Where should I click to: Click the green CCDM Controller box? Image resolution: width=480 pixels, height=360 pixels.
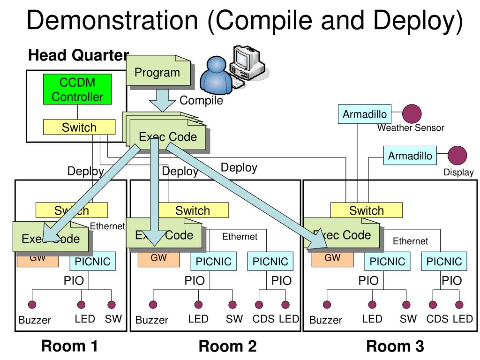point(77,90)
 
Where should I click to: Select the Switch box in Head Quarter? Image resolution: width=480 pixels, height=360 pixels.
point(79,127)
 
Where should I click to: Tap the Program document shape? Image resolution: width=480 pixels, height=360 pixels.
point(157,73)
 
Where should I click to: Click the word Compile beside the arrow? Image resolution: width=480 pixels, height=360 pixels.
point(201,100)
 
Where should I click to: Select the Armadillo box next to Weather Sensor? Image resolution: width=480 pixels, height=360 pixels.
point(365,114)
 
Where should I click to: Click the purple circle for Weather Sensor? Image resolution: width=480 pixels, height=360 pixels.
point(412,114)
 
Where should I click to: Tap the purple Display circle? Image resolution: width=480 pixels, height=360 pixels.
point(457,156)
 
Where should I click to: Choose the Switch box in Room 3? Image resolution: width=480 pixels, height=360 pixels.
point(366,210)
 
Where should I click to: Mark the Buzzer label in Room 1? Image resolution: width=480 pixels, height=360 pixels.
point(35,321)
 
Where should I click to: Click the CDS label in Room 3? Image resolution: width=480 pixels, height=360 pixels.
point(437,319)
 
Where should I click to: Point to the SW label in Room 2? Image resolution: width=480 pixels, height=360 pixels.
point(234,319)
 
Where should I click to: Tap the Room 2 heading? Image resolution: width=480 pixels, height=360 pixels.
point(228,346)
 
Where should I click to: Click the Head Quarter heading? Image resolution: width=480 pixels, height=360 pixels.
point(78,55)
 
